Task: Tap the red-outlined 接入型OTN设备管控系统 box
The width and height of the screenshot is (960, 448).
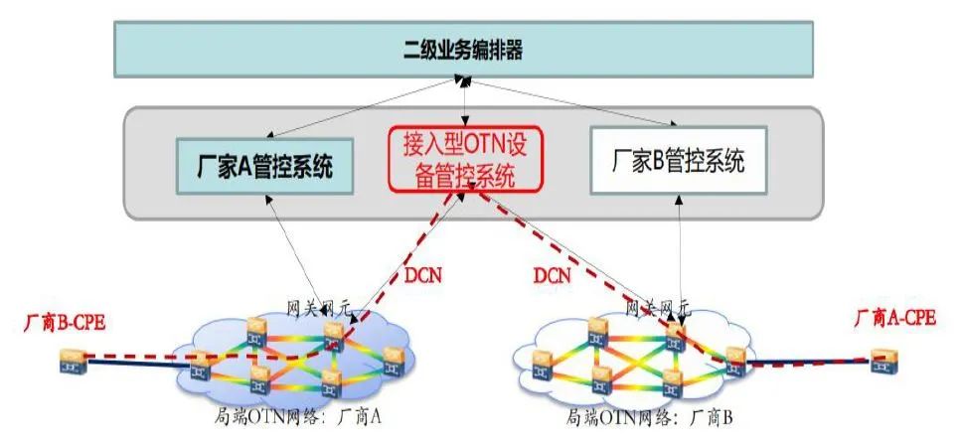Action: (x=464, y=161)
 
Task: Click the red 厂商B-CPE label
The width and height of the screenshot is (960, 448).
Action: (x=66, y=323)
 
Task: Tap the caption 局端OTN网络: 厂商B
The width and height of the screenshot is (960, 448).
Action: (x=649, y=417)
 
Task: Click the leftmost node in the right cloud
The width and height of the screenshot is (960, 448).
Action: (x=543, y=357)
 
